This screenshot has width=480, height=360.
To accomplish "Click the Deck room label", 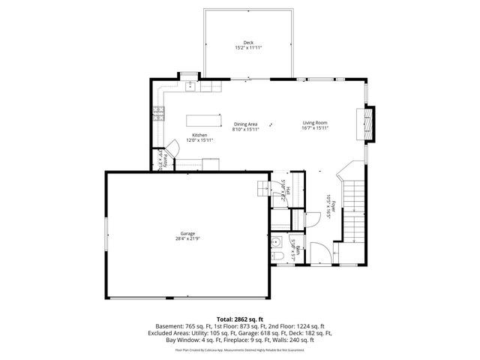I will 247,42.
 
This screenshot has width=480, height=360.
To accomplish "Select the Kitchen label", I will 199,135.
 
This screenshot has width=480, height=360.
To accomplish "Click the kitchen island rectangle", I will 204,119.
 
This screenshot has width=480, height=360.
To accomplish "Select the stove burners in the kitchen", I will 159,114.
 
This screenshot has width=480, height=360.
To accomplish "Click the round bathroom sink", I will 276,242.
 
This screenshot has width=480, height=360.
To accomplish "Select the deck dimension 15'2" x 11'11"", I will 247,48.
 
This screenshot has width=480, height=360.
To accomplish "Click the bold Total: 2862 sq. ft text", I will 240,319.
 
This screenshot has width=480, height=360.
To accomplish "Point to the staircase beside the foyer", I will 352,210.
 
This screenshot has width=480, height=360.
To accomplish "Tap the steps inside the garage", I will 265,187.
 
